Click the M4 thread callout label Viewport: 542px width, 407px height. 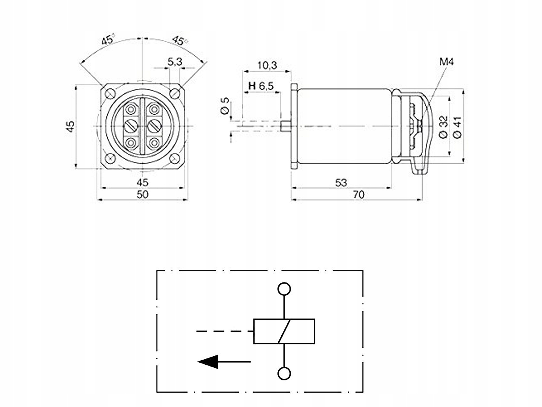[446, 62]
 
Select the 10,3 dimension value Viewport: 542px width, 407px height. [267, 65]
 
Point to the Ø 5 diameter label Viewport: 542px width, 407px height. [225, 106]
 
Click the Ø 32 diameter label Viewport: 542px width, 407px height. [443, 127]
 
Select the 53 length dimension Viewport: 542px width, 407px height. [341, 183]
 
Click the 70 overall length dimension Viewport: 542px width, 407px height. [358, 195]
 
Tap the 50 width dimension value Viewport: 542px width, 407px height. [142, 195]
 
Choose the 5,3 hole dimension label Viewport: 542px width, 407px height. [175, 62]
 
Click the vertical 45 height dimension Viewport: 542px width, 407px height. [70, 126]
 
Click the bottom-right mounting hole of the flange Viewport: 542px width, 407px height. [175, 158]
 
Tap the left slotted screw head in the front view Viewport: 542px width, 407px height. [131, 126]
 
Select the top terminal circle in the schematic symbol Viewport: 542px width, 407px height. [284, 289]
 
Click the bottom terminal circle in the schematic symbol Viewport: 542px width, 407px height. [284, 374]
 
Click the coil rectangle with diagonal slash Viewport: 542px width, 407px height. [284, 331]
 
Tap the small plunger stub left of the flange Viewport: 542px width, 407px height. [286, 126]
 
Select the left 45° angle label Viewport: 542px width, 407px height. [108, 40]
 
